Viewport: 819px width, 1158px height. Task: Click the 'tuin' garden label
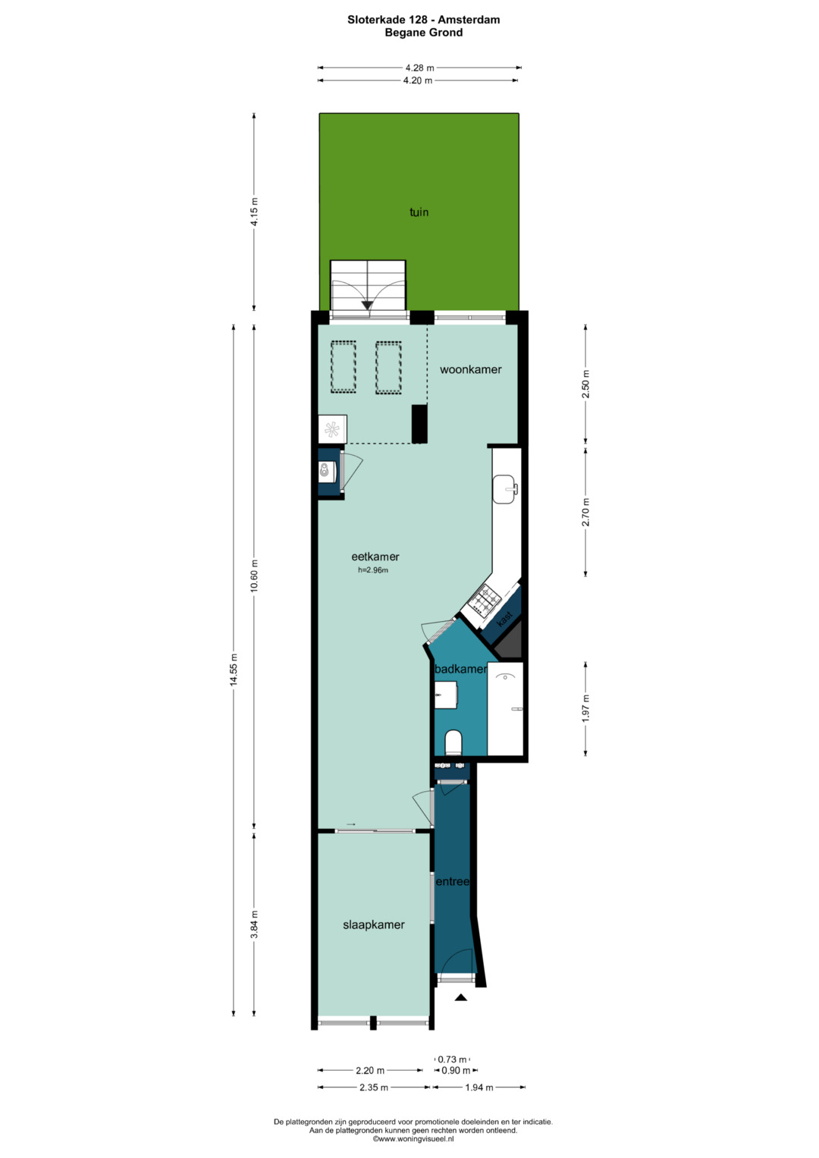pyautogui.click(x=419, y=212)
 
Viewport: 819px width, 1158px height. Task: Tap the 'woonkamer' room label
pyautogui.click(x=470, y=369)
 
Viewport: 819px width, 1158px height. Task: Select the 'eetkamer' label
pyautogui.click(x=375, y=557)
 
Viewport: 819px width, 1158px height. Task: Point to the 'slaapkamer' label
pyautogui.click(x=373, y=924)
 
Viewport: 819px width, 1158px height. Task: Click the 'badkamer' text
pyautogui.click(x=460, y=669)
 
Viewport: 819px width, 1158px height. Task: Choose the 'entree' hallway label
pyautogui.click(x=453, y=881)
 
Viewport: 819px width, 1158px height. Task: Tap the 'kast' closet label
pyautogui.click(x=504, y=619)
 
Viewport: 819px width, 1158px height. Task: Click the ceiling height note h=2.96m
pyautogui.click(x=373, y=570)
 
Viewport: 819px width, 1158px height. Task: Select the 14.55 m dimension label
pyautogui.click(x=234, y=670)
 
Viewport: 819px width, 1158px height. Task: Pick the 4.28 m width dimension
pyautogui.click(x=419, y=67)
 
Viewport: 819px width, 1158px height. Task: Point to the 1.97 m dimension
pyautogui.click(x=585, y=708)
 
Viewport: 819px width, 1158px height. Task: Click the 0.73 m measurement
pyautogui.click(x=452, y=1059)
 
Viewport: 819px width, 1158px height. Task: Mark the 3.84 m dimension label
pyautogui.click(x=254, y=924)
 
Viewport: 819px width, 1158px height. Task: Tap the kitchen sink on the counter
pyautogui.click(x=504, y=489)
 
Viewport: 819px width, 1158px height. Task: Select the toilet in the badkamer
pyautogui.click(x=453, y=742)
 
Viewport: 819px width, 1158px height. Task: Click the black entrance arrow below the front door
pyautogui.click(x=460, y=997)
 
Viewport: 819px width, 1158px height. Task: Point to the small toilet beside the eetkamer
pyautogui.click(x=327, y=472)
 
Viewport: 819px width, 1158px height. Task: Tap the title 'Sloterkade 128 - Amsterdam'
pyautogui.click(x=423, y=20)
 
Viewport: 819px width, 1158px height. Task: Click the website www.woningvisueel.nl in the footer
pyautogui.click(x=413, y=1139)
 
